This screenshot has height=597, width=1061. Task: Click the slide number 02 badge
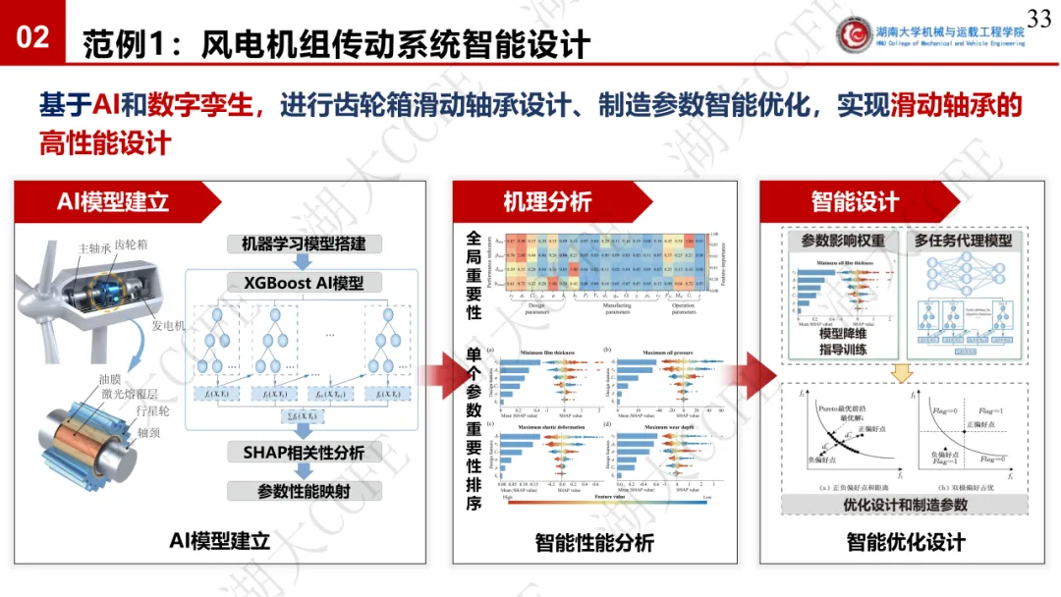point(33,37)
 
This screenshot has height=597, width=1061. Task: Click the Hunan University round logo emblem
point(860,33)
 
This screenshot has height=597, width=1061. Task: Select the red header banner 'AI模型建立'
point(113,201)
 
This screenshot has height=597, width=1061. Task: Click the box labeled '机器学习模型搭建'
point(304,244)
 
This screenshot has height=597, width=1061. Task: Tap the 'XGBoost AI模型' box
point(304,283)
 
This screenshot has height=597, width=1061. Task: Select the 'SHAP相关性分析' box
point(304,453)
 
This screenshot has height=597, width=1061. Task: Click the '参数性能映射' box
point(304,491)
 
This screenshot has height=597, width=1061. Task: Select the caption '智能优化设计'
point(906,542)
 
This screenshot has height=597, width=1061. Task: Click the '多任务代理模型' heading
point(963,241)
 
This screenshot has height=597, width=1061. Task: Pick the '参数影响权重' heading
point(843,241)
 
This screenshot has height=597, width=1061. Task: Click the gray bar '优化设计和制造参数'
point(905,505)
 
